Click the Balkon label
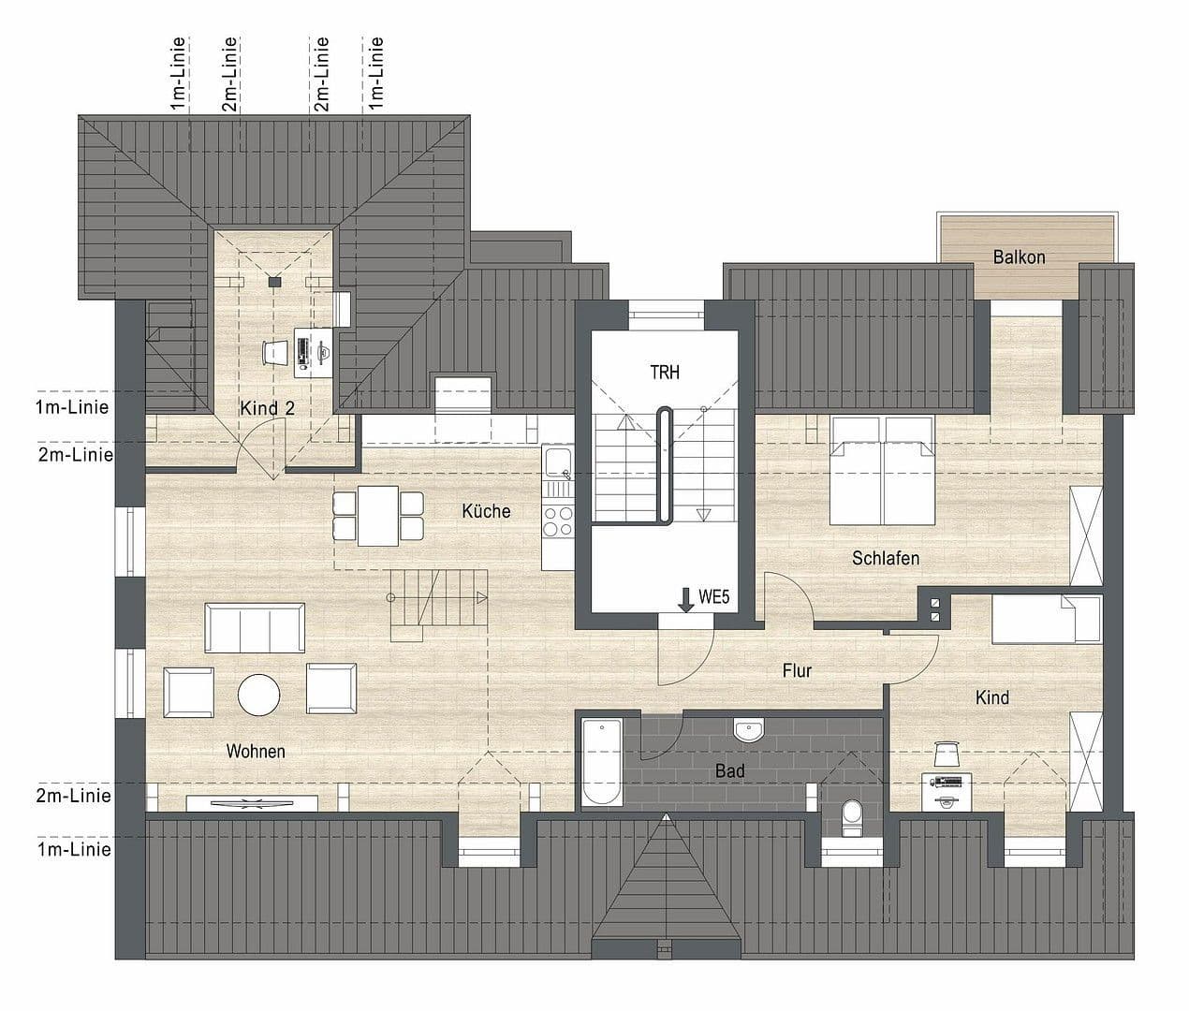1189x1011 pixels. point(1019,256)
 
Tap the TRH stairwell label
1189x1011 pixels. point(665,373)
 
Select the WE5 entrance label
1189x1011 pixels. point(713,596)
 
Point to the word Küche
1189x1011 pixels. point(486,511)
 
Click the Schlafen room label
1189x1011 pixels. point(886,559)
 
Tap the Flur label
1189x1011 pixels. point(797,670)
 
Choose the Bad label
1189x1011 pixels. point(730,771)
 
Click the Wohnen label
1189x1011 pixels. point(256,751)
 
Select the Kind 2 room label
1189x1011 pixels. point(267,408)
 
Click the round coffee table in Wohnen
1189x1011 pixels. point(258,695)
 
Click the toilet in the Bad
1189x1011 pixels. point(852,815)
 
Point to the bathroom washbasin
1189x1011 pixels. point(749,729)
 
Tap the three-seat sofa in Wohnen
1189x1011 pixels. point(255,626)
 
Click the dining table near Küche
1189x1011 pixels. point(378,516)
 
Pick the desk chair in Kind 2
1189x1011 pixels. point(275,352)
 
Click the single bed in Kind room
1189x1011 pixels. point(1047,619)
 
